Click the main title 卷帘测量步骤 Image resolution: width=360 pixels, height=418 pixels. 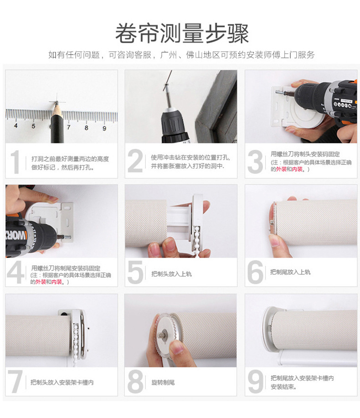[x=182, y=33]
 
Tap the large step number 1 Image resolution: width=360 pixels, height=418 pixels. [x=15, y=162]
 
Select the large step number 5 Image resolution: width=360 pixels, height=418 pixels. [x=135, y=272]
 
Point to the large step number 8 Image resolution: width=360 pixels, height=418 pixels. [x=135, y=382]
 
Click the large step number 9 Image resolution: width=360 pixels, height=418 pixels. [x=255, y=382]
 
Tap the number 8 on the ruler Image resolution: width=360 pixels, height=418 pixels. [x=87, y=127]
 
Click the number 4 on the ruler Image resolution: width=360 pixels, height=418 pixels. [x=16, y=125]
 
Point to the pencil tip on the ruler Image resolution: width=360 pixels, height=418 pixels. [x=57, y=103]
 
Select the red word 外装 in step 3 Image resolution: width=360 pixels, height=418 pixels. [x=281, y=169]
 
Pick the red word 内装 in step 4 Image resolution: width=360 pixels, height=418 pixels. [x=57, y=282]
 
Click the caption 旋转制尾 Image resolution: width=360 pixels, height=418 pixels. [x=163, y=382]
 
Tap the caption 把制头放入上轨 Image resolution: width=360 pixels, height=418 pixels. [x=171, y=274]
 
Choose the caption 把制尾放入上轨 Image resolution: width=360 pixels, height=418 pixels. [x=290, y=272]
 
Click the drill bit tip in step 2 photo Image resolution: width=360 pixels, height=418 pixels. [x=166, y=85]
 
